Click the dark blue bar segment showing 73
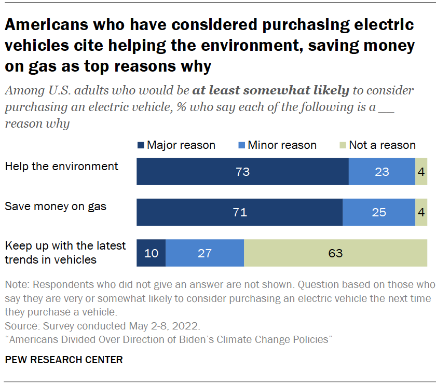tap(242, 172)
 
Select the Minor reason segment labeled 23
tap(382, 172)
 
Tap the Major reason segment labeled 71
tap(239, 212)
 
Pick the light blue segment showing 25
tap(378, 212)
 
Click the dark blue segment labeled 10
tap(151, 253)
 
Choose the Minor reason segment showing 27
tap(205, 253)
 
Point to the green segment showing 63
tap(335, 253)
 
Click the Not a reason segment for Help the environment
tap(421, 172)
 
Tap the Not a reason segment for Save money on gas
tap(421, 212)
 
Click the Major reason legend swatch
tap(140, 145)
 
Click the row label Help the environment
tap(61, 167)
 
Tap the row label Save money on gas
tap(56, 207)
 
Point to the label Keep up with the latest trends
tap(65, 252)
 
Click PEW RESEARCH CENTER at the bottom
tap(64, 360)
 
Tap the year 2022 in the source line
tap(187, 326)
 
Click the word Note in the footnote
tap(15, 285)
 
